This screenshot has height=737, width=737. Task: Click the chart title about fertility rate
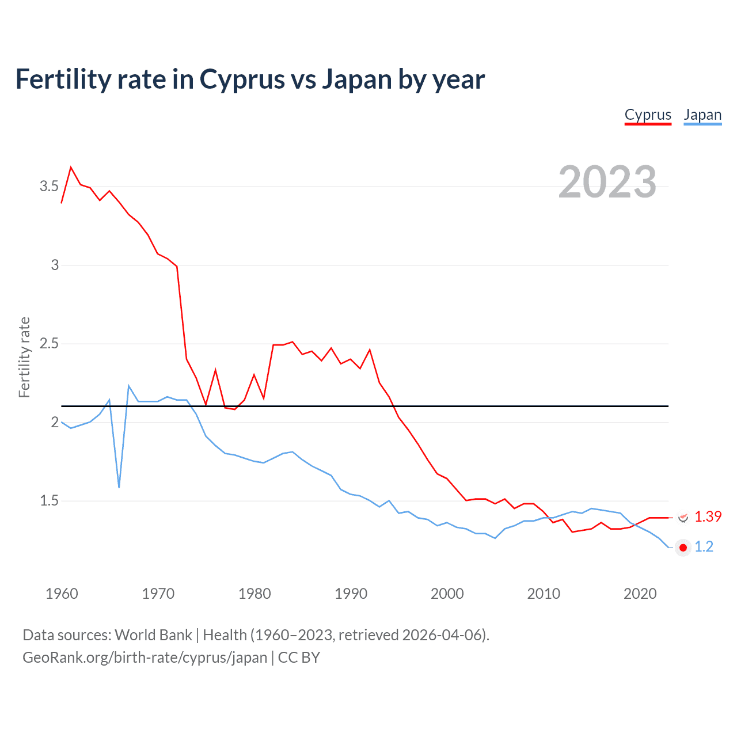[x=250, y=79]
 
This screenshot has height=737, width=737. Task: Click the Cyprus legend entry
[x=648, y=115]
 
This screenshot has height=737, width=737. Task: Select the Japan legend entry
[x=702, y=115]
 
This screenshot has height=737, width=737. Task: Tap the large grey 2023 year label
[x=607, y=182]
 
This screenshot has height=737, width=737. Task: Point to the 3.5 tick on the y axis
[x=49, y=187]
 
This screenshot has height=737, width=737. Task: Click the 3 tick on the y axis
[x=55, y=265]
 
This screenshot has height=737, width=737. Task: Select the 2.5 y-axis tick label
[x=49, y=344]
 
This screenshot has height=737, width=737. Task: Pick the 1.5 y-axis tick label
[x=49, y=501]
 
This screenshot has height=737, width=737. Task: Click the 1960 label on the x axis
[x=62, y=594]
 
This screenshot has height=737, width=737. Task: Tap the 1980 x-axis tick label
[x=254, y=594]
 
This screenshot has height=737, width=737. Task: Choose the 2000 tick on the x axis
[x=447, y=594]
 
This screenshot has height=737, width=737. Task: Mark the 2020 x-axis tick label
[x=640, y=594]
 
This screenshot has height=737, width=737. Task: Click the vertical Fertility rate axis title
[x=24, y=357]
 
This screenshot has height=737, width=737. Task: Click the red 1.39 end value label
[x=708, y=517]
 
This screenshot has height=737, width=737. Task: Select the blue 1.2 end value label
[x=704, y=547]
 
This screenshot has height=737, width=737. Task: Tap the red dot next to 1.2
[x=683, y=548]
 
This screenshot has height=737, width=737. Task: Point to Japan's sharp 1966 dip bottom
[x=119, y=487]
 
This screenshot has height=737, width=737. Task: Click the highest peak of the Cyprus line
[x=71, y=168]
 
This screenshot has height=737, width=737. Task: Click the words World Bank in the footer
[x=153, y=635]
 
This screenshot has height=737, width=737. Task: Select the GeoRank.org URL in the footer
[x=145, y=658]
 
